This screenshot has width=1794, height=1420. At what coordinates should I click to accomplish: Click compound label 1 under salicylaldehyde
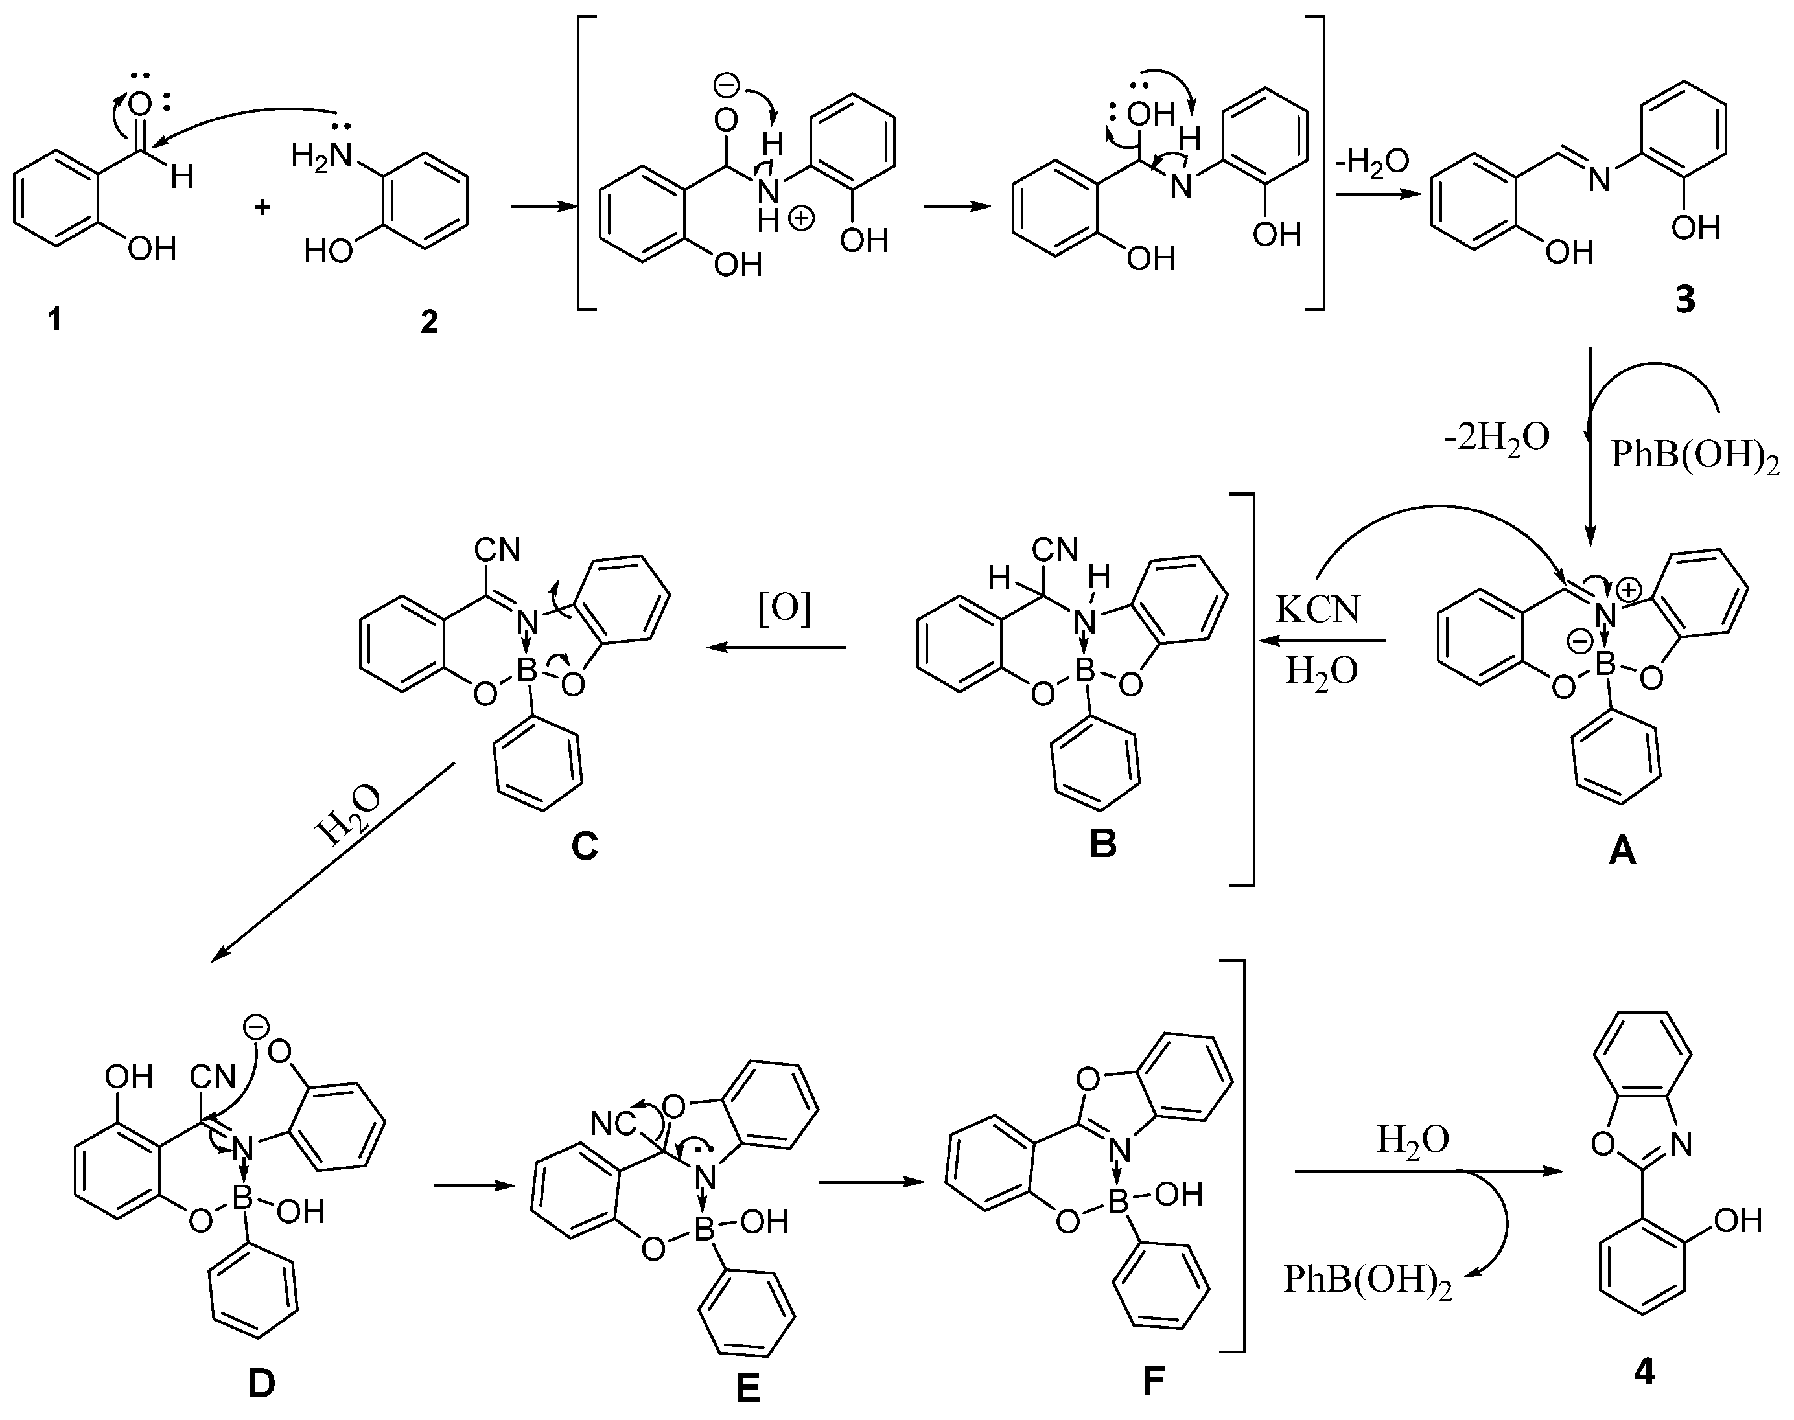[55, 319]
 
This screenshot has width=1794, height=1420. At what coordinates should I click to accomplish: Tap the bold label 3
[1684, 300]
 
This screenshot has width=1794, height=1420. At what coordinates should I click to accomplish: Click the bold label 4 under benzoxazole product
[1644, 1372]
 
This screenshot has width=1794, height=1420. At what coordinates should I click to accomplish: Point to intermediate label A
[1622, 850]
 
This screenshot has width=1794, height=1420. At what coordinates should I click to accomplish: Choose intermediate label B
[1103, 845]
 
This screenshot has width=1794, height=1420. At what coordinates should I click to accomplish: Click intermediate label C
[585, 846]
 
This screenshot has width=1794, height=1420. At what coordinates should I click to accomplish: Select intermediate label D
[261, 1384]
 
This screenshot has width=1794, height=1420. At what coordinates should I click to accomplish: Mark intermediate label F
[1153, 1381]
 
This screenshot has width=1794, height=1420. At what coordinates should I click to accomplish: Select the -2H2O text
[1497, 437]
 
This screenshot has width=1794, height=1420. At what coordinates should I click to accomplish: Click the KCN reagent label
[1318, 611]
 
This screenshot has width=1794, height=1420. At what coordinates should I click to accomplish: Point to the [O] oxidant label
[784, 610]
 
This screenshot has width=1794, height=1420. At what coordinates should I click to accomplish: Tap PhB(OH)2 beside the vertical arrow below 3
[1695, 457]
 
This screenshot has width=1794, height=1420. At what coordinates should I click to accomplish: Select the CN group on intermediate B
[1054, 549]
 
